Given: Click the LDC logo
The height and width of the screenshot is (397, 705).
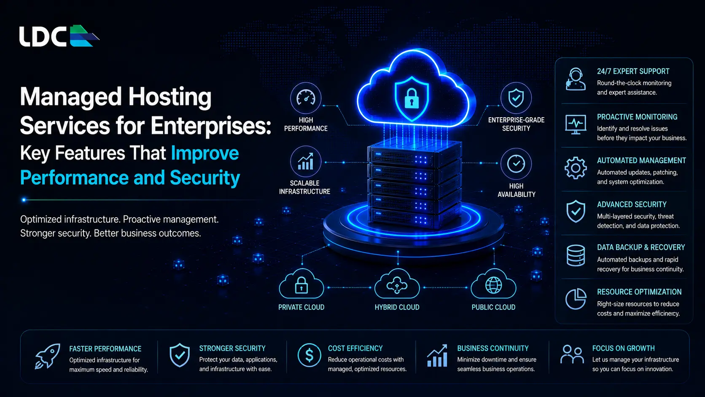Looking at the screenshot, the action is click(59, 36).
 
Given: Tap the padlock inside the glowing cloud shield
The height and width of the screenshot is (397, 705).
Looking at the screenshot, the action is click(412, 98).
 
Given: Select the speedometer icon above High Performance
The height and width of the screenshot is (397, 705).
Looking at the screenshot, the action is click(306, 98).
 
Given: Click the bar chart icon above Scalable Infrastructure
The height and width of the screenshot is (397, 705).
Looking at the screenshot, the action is click(306, 161).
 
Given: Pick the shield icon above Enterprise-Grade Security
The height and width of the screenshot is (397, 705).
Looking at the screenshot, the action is click(516, 98).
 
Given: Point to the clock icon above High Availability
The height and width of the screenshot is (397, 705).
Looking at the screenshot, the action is click(516, 164).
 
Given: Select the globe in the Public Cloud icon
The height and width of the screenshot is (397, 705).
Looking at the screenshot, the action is click(493, 285).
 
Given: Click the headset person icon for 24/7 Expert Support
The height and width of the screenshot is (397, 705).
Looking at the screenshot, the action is click(576, 79).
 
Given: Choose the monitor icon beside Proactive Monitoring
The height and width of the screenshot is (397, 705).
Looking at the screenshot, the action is click(576, 124).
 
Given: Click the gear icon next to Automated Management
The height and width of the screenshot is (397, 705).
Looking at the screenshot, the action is click(576, 168).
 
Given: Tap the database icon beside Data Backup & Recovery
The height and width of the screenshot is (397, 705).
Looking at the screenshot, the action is click(576, 255).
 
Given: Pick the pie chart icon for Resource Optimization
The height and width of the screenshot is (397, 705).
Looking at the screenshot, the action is click(576, 299).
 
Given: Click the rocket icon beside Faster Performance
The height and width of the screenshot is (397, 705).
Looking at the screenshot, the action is click(48, 356).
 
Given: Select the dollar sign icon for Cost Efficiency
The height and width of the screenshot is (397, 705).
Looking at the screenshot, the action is click(309, 355).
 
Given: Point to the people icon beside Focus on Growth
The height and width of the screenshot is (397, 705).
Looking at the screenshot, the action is click(572, 354).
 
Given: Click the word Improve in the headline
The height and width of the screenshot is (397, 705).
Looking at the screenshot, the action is click(205, 153).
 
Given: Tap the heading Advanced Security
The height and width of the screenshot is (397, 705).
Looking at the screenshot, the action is click(632, 204).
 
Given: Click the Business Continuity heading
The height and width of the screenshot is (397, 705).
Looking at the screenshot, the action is click(493, 348).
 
